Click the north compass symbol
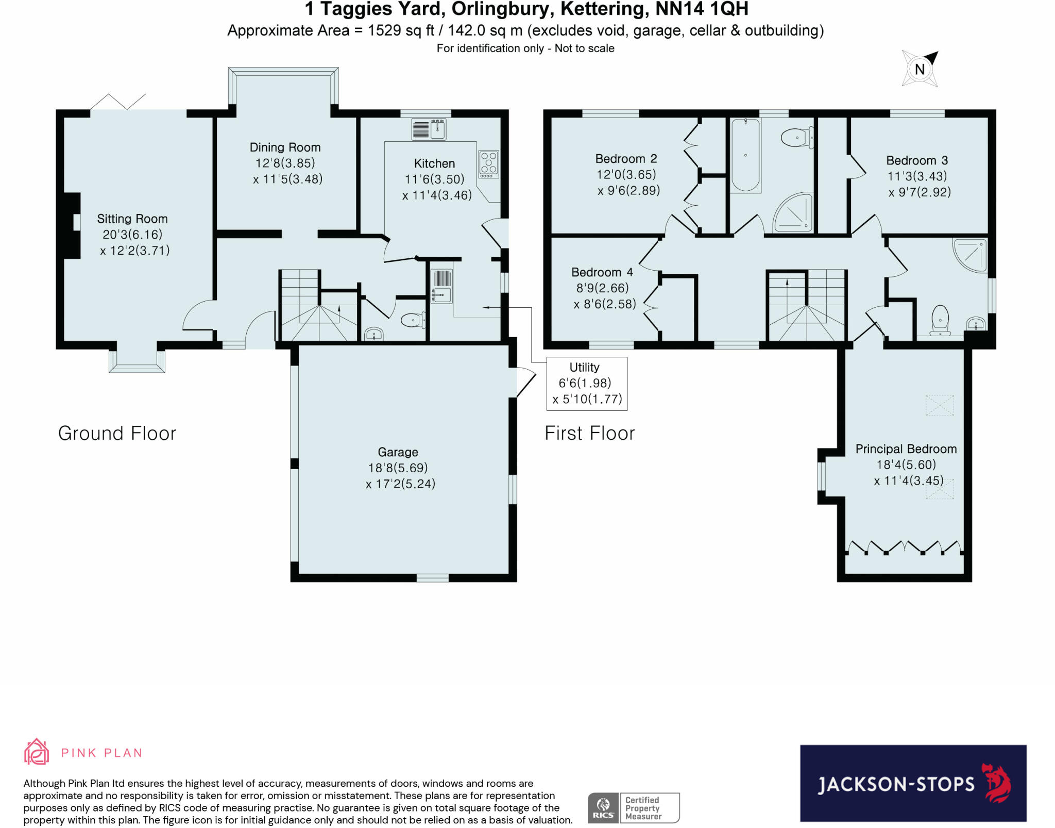pyautogui.click(x=920, y=69)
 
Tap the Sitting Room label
pyautogui.click(x=132, y=219)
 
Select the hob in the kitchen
pyautogui.click(x=488, y=163)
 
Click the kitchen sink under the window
pyautogui.click(x=429, y=129)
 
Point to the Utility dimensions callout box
pyautogui.click(x=587, y=384)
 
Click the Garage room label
pyautogui.click(x=398, y=452)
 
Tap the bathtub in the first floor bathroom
pyautogui.click(x=745, y=155)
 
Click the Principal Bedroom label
pyautogui.click(x=906, y=449)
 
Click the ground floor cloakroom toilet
pyautogui.click(x=413, y=320)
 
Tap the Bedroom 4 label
pyautogui.click(x=602, y=272)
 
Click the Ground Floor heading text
pyautogui.click(x=117, y=433)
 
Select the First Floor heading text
pyautogui.click(x=589, y=433)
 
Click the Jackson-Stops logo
pyautogui.click(x=913, y=783)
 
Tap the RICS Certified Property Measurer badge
pyautogui.click(x=634, y=808)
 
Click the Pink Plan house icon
pyautogui.click(x=37, y=752)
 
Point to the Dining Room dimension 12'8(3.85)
pyautogui.click(x=285, y=163)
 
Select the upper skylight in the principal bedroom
pyautogui.click(x=940, y=405)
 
